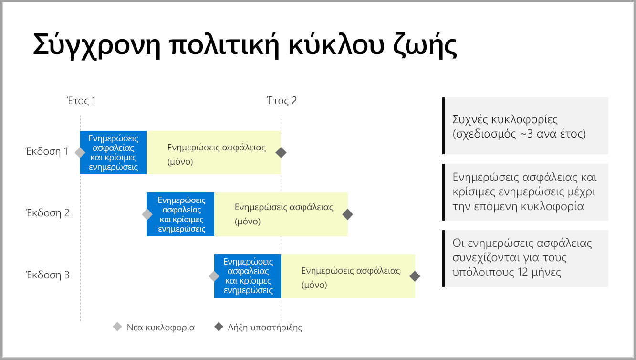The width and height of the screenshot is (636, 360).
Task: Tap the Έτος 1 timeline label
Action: [81, 101]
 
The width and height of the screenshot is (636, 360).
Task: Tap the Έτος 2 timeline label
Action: [282, 101]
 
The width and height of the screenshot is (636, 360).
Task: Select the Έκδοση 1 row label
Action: [47, 152]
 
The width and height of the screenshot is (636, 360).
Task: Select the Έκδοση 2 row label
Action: [47, 213]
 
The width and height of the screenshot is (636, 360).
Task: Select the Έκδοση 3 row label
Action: [47, 275]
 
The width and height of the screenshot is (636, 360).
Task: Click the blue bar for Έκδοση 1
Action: [114, 152]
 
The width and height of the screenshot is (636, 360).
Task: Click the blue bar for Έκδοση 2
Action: [181, 214]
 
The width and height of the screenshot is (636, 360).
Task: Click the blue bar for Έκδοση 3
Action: [248, 276]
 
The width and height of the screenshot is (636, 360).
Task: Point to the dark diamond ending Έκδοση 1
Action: [282, 152]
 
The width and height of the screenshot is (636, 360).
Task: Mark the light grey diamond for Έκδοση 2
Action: [147, 214]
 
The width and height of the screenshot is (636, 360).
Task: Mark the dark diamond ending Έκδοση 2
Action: [348, 214]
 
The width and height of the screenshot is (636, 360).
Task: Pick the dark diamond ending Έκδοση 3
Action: [415, 276]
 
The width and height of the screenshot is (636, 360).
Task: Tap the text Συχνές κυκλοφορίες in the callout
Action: [505, 119]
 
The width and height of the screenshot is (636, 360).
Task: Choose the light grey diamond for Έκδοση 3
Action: [214, 276]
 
